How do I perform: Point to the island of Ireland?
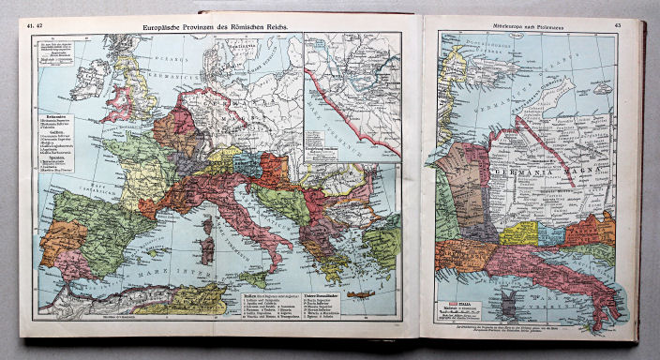pos(89,81)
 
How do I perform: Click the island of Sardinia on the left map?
pos(205,247)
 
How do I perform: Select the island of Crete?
pos(352,293)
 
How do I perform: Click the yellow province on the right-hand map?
pos(517,232)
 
